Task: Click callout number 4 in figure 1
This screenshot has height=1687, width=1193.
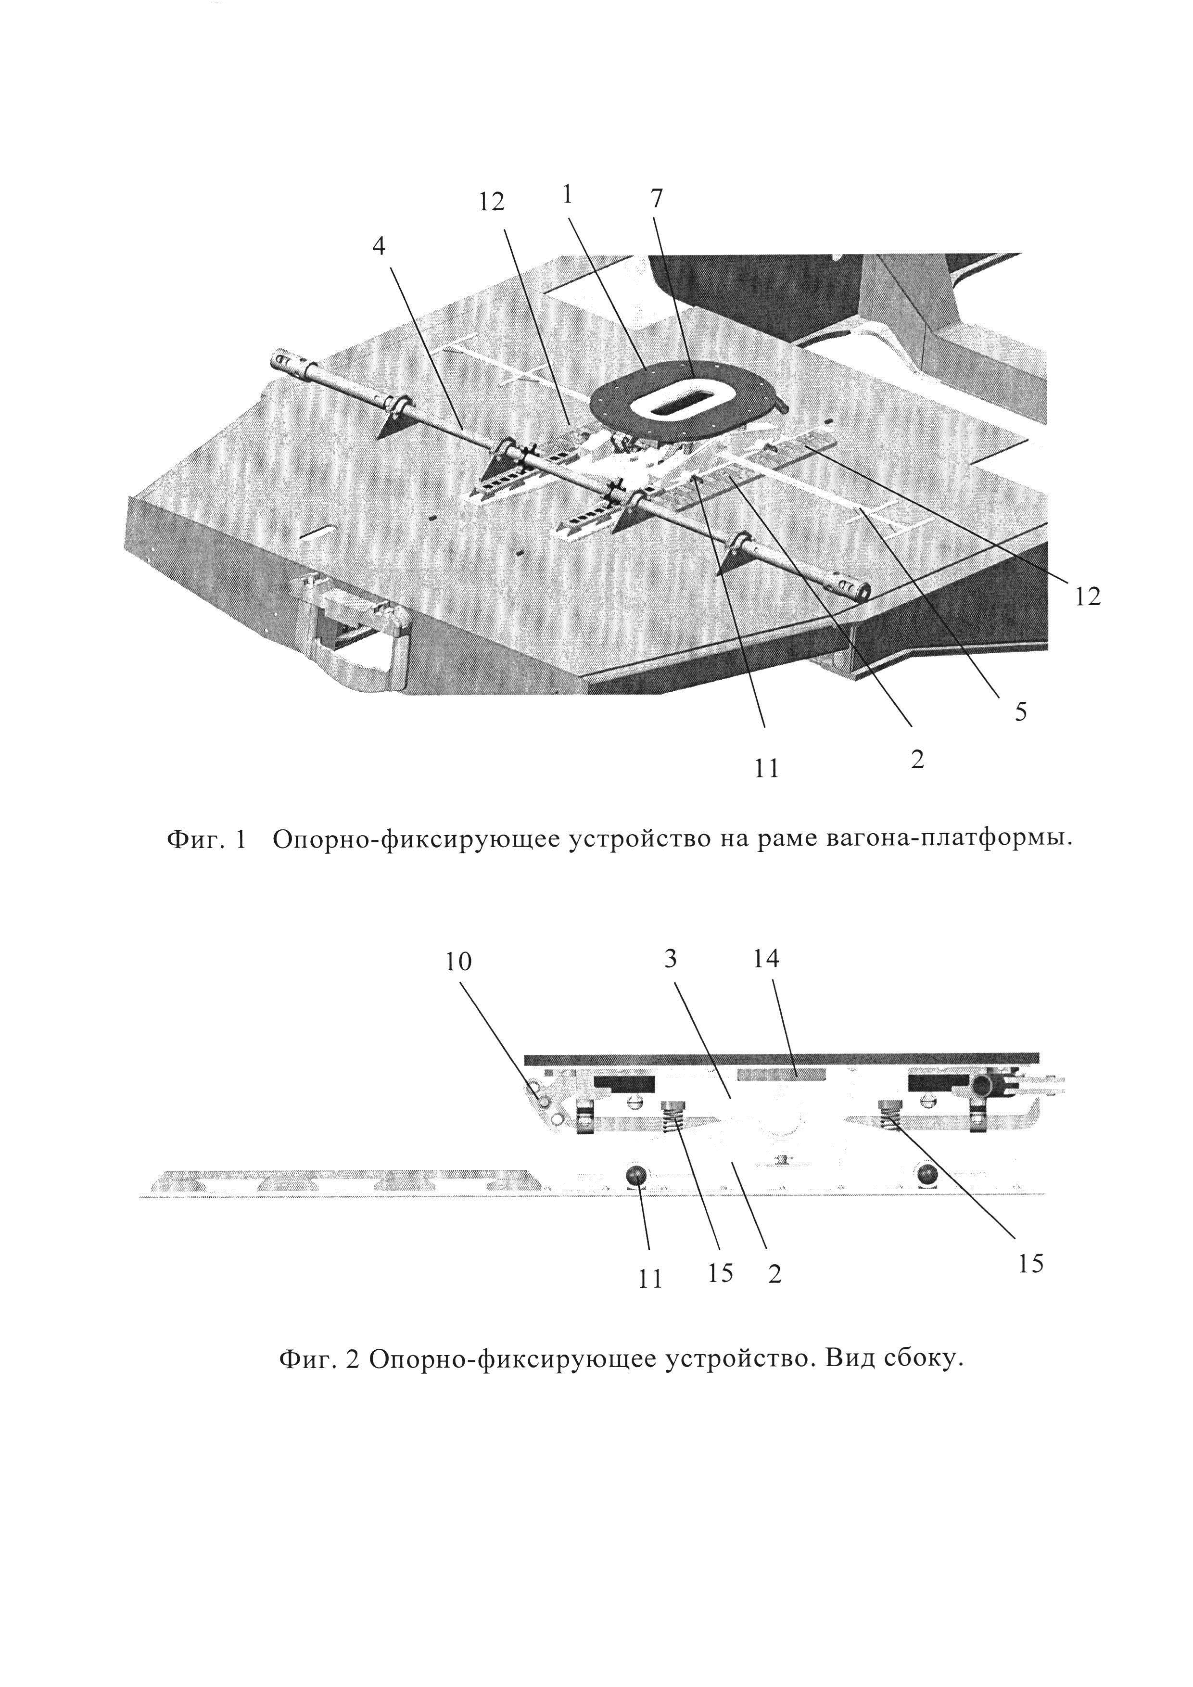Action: pos(378,247)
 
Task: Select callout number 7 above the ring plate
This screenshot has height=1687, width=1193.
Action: pos(656,198)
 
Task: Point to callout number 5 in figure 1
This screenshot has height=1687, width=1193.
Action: pos(1020,711)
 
